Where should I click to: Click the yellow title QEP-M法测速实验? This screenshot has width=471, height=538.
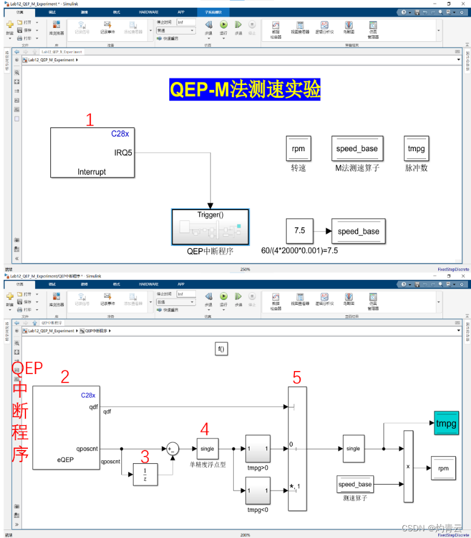[x=245, y=89]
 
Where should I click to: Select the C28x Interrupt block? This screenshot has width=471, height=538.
[x=91, y=153]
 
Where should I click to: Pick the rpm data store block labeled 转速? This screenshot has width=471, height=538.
[x=298, y=148]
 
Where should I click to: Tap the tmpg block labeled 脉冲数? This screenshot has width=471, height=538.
[x=416, y=148]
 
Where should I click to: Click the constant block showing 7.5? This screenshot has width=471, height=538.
[x=299, y=231]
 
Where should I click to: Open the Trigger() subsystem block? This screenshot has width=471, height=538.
[x=210, y=226]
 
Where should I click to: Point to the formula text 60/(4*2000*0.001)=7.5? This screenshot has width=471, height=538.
[x=299, y=250]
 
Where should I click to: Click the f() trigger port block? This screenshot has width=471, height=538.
[x=221, y=349]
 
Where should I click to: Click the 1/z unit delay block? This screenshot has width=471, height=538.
[x=145, y=474]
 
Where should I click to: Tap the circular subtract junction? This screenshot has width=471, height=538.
[x=173, y=449]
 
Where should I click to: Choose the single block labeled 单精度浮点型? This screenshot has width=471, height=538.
[x=208, y=449]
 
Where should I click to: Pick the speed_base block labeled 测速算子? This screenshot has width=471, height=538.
[x=355, y=485]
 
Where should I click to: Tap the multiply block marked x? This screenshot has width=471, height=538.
[x=408, y=466]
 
